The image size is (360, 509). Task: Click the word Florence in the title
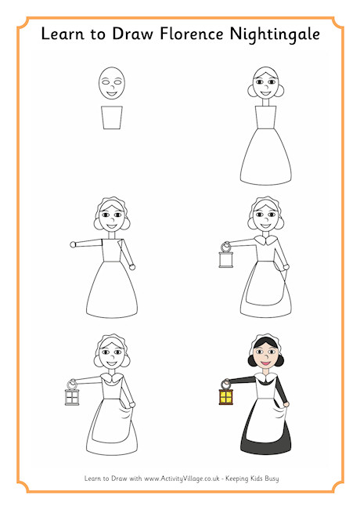tap(192, 34)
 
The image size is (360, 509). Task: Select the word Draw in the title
tap(132, 34)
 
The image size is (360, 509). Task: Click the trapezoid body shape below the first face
tap(112, 117)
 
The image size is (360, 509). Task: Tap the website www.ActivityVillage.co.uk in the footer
tap(182, 478)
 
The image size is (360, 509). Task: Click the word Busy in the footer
tap(272, 478)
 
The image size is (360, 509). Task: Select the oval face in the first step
tap(112, 83)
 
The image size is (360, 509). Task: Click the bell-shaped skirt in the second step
tap(265, 157)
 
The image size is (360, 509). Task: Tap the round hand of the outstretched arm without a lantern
tap(73, 244)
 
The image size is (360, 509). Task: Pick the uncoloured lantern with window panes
tap(72, 393)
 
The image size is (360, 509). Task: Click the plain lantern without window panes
tap(225, 255)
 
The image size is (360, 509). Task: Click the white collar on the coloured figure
tap(266, 377)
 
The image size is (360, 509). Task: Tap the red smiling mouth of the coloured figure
tap(265, 363)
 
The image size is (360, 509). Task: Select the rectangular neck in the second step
tap(265, 103)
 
